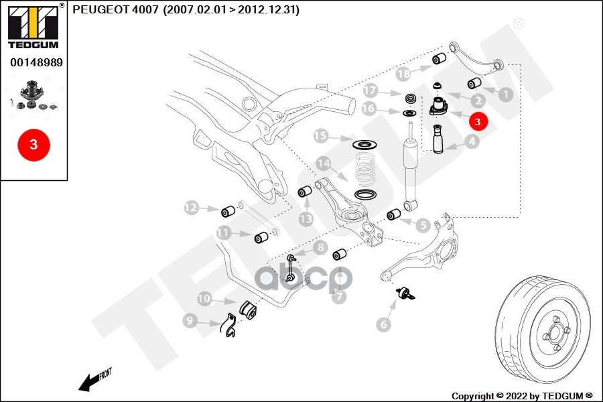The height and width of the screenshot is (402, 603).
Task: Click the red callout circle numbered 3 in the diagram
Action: [x=478, y=122]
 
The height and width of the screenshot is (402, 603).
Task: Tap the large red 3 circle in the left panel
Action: [x=33, y=144]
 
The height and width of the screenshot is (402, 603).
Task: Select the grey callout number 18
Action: [x=403, y=73]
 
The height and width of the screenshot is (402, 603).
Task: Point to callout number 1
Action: [x=505, y=95]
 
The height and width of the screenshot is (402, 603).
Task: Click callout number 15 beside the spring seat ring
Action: [x=321, y=137]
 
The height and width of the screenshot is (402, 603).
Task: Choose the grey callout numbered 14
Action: [x=324, y=163]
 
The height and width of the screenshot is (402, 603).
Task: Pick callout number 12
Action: [x=192, y=208]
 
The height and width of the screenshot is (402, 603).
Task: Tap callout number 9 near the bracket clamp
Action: [x=191, y=322]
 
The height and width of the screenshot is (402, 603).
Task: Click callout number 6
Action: [x=383, y=325]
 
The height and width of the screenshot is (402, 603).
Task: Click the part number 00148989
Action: [x=36, y=62]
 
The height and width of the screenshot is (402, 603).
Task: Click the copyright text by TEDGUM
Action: [x=522, y=395]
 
